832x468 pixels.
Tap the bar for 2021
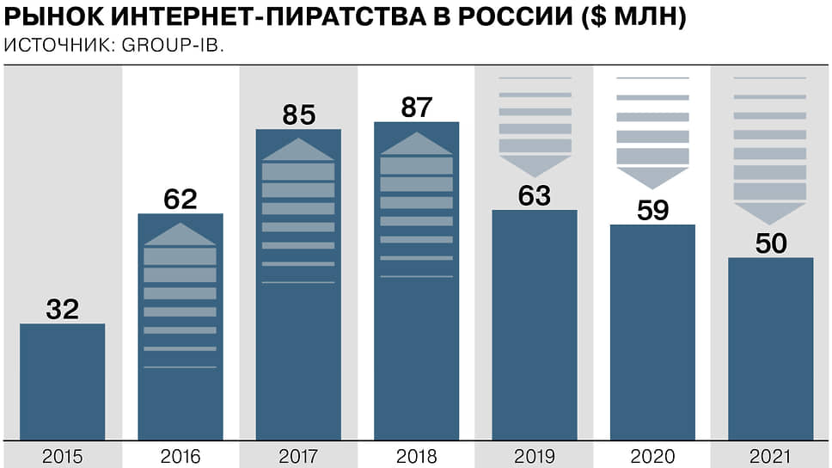pos(770,348)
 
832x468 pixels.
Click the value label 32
pos(63,309)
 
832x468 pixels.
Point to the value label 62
pos(180,199)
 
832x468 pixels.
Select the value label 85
pos(298,114)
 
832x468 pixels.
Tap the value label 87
pos(417,108)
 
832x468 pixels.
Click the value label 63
pos(534,195)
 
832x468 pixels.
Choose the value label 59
pos(652,210)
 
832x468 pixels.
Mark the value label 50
pos(770,243)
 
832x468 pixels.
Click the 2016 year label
pos(180,456)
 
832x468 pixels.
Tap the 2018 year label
pos(417,456)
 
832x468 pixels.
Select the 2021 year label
pos(770,456)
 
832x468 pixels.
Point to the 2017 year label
pos(298,456)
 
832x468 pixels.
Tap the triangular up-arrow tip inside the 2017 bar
pos(298,148)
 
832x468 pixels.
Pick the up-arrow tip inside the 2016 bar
pos(180,233)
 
